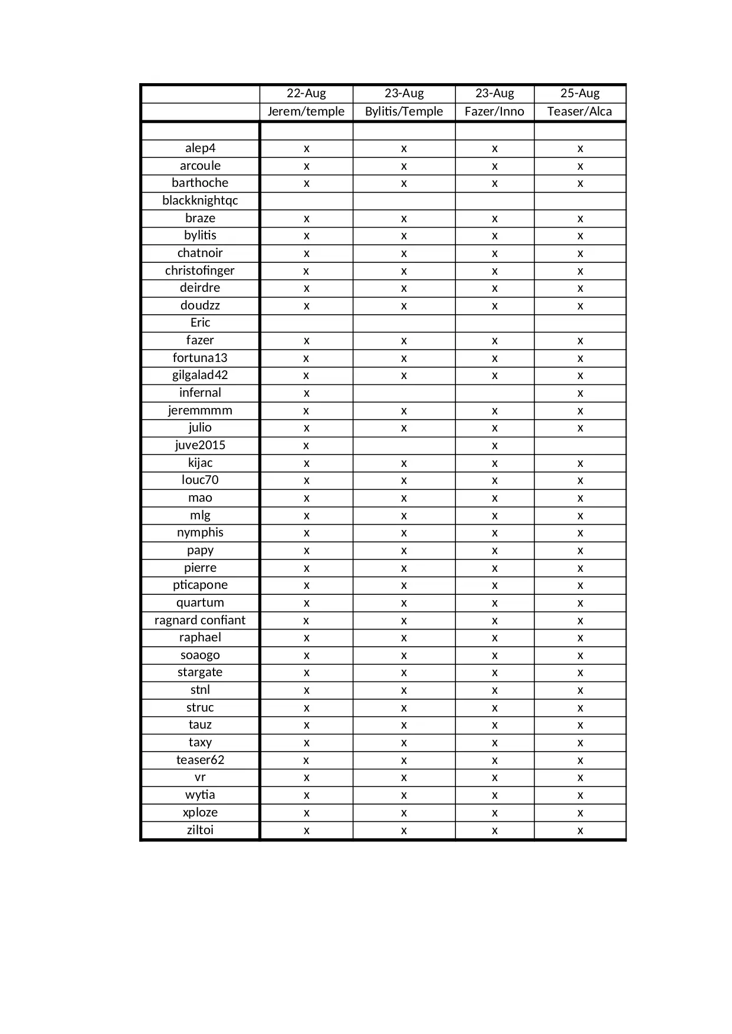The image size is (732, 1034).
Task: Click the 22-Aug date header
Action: (306, 93)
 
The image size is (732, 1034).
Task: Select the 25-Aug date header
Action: (580, 93)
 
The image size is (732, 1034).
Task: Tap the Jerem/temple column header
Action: (306, 111)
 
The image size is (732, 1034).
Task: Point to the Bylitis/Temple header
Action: (404, 111)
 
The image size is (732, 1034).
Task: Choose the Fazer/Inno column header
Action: (494, 111)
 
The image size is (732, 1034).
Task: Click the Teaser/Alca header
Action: (580, 111)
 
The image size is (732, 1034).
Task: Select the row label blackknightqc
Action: (200, 200)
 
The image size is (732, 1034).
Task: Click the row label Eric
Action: (200, 322)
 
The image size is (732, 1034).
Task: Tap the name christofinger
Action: (200, 271)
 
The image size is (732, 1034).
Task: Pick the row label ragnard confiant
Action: (200, 620)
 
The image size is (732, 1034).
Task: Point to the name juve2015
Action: (200, 445)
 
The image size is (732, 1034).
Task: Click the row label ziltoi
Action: (200, 830)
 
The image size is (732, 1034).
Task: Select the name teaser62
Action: (200, 760)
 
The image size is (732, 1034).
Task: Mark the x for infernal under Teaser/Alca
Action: (580, 393)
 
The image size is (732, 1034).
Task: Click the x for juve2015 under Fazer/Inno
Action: (494, 446)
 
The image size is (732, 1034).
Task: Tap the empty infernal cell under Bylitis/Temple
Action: (404, 393)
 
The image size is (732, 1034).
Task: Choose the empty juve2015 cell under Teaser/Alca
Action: (580, 446)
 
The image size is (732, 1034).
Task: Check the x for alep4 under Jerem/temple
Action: (306, 149)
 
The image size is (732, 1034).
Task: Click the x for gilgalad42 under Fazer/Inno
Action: (494, 376)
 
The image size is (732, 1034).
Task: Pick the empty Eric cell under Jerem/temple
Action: (306, 323)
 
